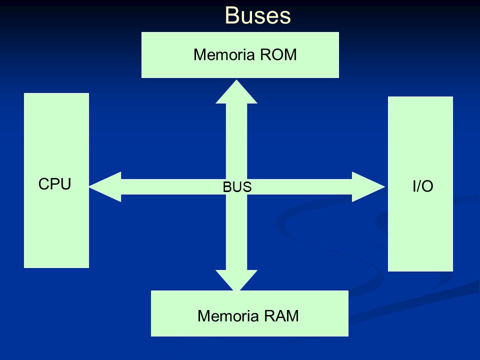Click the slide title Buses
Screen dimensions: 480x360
258,15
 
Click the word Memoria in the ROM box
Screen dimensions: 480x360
224,55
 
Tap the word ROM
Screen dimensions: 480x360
278,55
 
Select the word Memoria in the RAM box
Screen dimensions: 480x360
228,316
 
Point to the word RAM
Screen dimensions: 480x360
281,316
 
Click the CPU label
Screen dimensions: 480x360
55,184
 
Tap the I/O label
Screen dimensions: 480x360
423,186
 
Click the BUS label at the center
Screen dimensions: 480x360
237,187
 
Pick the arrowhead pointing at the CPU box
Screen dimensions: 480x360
105,186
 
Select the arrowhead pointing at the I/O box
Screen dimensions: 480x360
368,186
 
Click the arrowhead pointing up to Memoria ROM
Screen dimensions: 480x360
236,92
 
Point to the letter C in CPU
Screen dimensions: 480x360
44,184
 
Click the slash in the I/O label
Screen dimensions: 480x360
418,186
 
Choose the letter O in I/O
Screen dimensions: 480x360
427,186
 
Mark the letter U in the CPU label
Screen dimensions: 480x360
66,184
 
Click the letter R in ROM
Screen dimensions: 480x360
265,55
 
